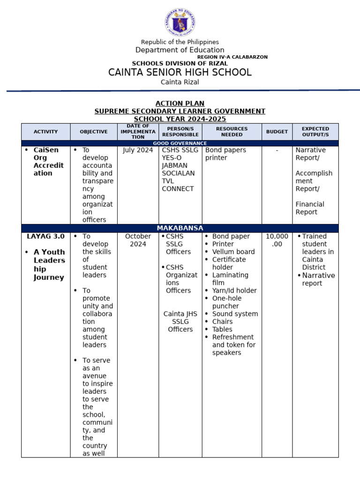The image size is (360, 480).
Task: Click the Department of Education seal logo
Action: click(x=180, y=23)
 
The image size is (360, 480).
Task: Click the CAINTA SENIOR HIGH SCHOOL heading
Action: click(x=180, y=72)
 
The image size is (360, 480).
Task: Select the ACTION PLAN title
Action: click(x=180, y=104)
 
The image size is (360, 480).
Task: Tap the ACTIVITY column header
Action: click(x=46, y=132)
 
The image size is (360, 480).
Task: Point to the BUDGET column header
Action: click(x=277, y=132)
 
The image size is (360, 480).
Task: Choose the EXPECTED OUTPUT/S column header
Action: click(x=315, y=132)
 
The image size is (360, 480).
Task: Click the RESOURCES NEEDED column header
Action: click(x=232, y=132)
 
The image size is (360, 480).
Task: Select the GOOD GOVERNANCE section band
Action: click(x=180, y=143)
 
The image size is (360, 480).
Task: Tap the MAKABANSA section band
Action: click(x=180, y=228)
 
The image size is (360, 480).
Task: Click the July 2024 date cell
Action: click(x=138, y=150)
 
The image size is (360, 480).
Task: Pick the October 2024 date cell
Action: click(x=138, y=240)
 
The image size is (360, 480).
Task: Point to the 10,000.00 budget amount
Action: click(x=277, y=240)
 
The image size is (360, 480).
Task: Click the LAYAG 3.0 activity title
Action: click(x=45, y=236)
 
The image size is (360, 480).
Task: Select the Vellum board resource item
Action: click(x=233, y=252)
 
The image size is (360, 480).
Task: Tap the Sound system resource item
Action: click(x=235, y=314)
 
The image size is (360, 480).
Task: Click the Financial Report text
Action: click(x=310, y=208)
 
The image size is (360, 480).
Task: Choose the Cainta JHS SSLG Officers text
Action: click(x=180, y=322)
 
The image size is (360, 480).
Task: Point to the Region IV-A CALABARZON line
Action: click(x=232, y=57)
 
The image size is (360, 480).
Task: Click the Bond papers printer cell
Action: click(x=223, y=154)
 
